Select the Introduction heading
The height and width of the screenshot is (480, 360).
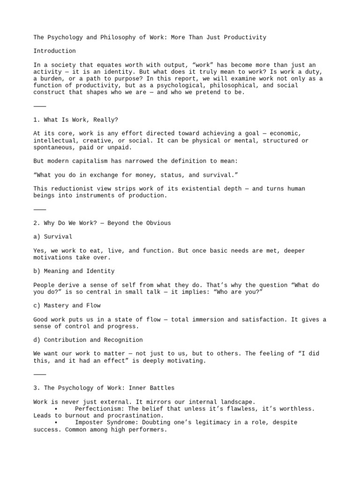[x=54, y=51]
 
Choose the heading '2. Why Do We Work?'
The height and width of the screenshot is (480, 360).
[x=102, y=223]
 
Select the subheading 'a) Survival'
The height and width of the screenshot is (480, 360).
[x=53, y=237]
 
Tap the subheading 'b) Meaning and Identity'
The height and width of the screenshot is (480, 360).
[x=74, y=271]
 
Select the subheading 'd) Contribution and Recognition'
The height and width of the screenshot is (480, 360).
[x=88, y=340]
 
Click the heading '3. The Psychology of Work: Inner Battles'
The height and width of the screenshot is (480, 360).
[x=104, y=388]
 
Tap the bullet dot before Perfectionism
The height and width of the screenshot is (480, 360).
[x=55, y=409]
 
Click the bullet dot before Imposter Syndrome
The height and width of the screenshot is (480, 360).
[x=55, y=422]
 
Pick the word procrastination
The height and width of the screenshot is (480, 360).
[x=134, y=415]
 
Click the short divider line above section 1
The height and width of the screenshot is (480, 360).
[x=40, y=106]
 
